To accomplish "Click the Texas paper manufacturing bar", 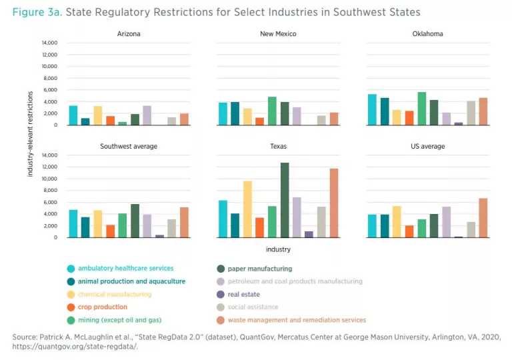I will tap(285, 200).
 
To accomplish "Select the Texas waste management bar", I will tap(334, 203).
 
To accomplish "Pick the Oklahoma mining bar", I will tap(422, 109).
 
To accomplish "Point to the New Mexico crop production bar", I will tap(260, 121).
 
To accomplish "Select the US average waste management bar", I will tap(483, 218).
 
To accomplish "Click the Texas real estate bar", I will tap(309, 235).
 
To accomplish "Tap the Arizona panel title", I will tap(129, 33).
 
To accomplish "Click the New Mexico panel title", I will tap(278, 33).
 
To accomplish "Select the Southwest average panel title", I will tap(129, 146).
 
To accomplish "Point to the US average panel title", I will tap(427, 146).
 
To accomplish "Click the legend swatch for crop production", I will tap(71, 307).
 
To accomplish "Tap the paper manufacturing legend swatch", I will tap(221, 269).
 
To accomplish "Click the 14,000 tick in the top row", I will tap(49, 43).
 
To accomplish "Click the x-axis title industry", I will tap(278, 249).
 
